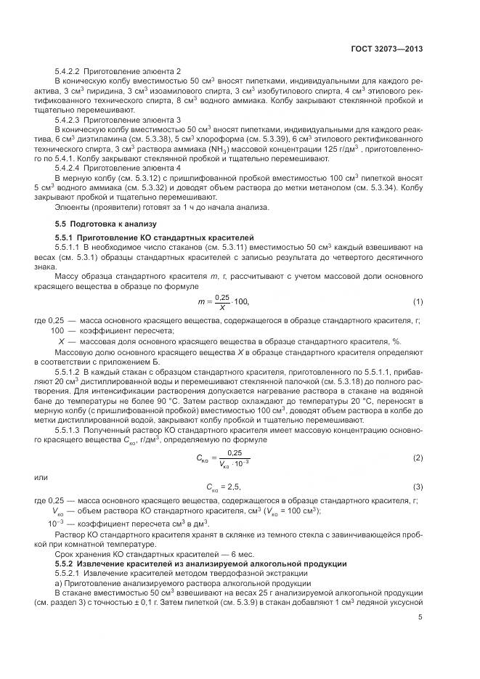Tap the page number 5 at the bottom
coord(420,618)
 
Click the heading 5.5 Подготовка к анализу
coord(105,223)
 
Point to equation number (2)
coord(418,459)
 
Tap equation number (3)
coord(418,486)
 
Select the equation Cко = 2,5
coord(228,486)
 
